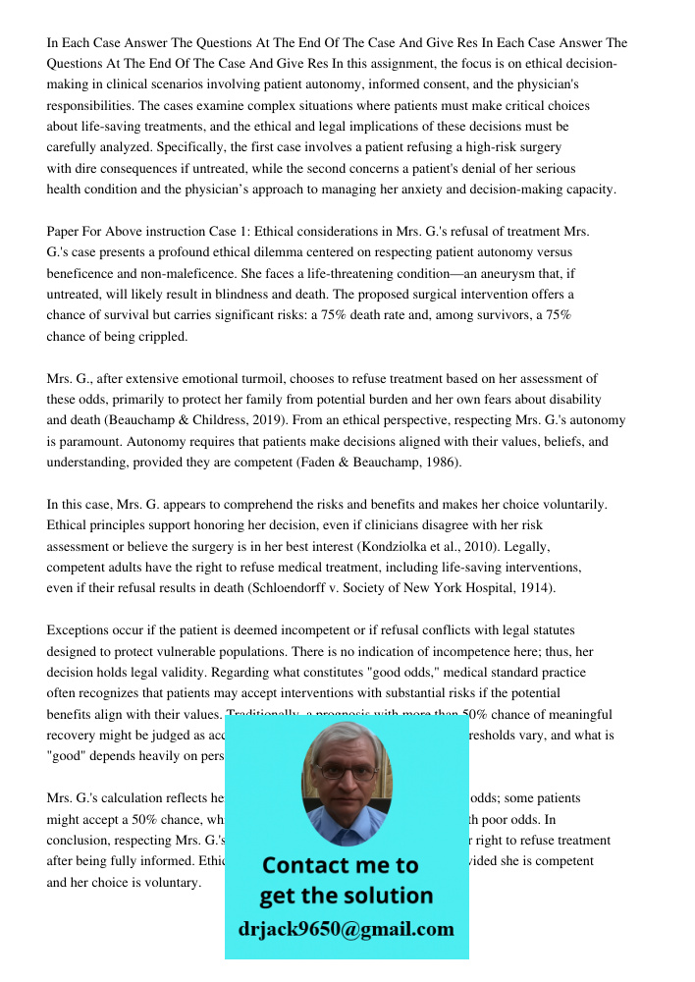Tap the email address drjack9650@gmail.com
click(346, 929)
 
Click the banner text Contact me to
click(340, 865)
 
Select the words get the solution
click(346, 896)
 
